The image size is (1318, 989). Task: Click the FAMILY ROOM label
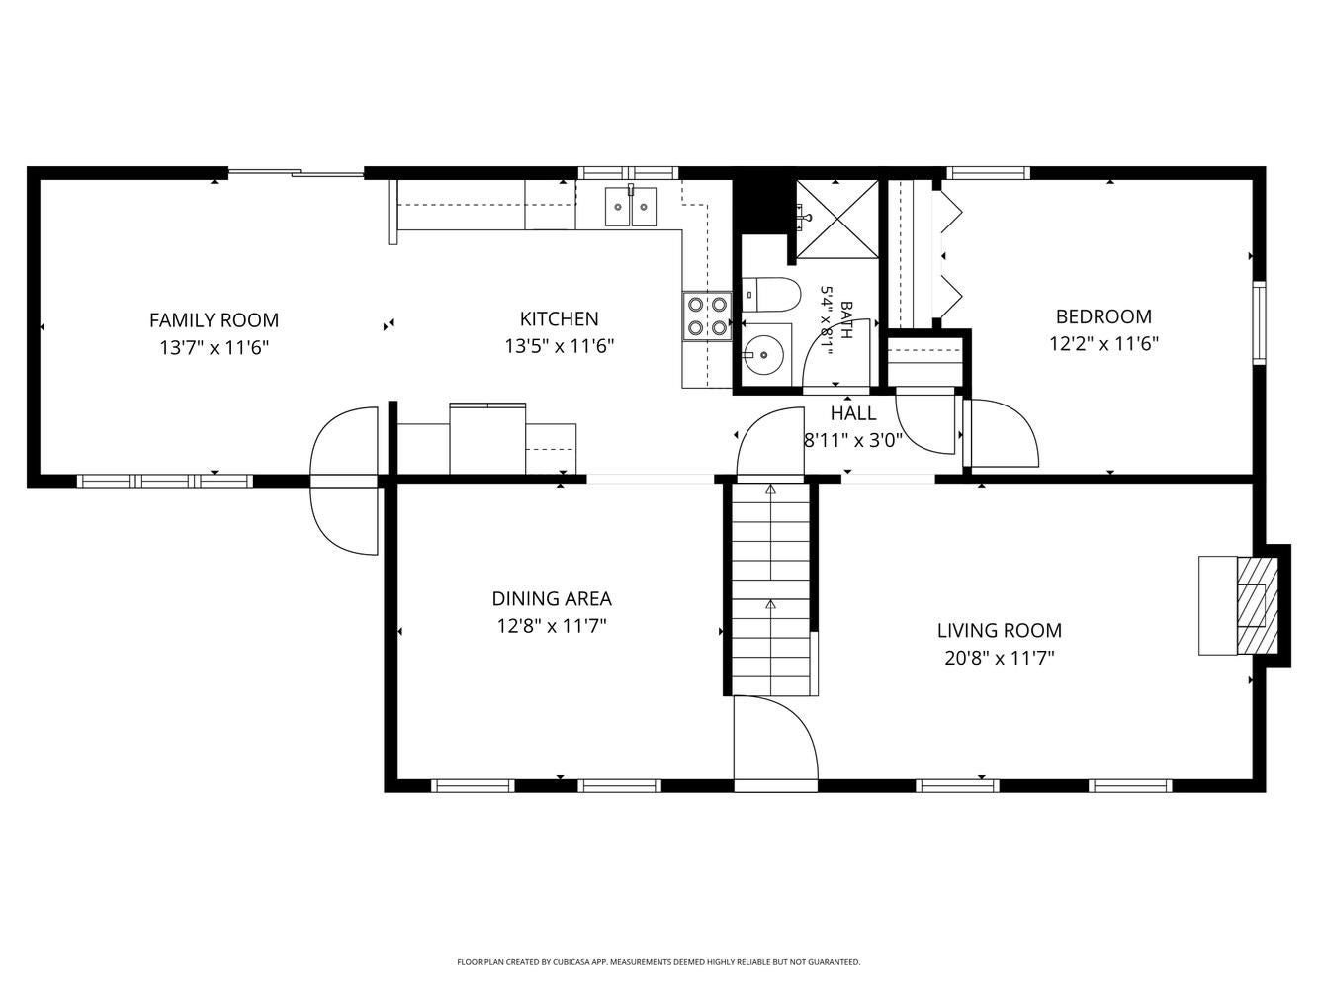point(214,320)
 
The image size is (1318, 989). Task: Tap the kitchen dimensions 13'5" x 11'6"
point(559,346)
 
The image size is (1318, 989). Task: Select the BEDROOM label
point(1103,316)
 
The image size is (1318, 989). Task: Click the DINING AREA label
point(552,598)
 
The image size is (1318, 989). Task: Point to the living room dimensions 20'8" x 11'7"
point(1000,658)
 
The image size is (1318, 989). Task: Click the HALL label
point(853,413)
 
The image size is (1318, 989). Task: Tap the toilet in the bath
point(771,295)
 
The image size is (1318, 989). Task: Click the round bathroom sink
point(765,354)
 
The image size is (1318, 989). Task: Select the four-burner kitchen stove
point(707,315)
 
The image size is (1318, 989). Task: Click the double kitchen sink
point(631,206)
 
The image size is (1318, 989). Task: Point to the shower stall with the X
point(837,219)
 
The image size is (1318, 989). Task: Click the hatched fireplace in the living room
point(1258,605)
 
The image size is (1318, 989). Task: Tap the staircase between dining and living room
point(771,589)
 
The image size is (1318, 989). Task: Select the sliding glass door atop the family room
point(296,173)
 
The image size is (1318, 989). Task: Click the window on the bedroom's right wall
point(1259,322)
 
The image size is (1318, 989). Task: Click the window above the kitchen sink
point(628,173)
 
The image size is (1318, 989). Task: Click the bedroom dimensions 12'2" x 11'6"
point(1103,344)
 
